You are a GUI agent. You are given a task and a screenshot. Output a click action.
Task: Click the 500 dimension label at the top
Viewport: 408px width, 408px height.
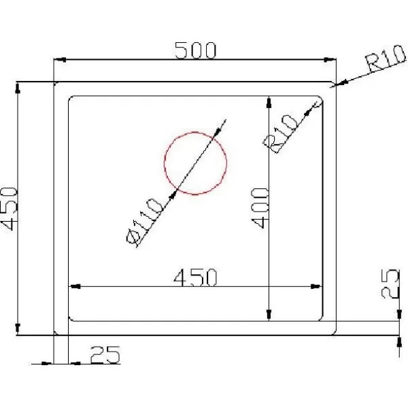pyautogui.click(x=195, y=50)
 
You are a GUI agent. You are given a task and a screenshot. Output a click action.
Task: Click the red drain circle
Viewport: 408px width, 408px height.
pyautogui.click(x=164, y=163)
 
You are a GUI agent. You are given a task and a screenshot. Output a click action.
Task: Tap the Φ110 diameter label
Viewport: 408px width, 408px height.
pyautogui.click(x=145, y=222)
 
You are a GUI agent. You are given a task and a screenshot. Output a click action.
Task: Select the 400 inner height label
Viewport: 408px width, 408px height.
pyautogui.click(x=260, y=208)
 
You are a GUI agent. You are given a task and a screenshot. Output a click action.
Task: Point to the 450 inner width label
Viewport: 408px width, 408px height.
pyautogui.click(x=195, y=277)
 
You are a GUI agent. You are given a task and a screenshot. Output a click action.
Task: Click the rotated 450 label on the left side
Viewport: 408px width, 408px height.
pyautogui.click(x=10, y=209)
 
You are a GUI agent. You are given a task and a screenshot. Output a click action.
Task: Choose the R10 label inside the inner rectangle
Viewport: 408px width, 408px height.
pyautogui.click(x=280, y=133)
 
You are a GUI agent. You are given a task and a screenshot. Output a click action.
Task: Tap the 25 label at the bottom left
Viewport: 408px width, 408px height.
pyautogui.click(x=105, y=354)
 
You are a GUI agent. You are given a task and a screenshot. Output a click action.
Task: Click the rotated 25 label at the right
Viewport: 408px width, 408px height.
pyautogui.click(x=390, y=284)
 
